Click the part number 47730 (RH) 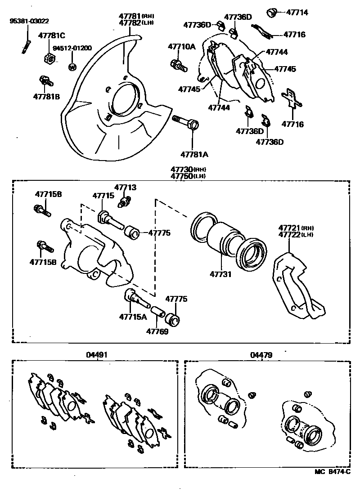click(188, 169)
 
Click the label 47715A click(133, 317)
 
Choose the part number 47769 click(157, 331)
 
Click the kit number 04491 click(97, 355)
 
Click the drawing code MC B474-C click(332, 471)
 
